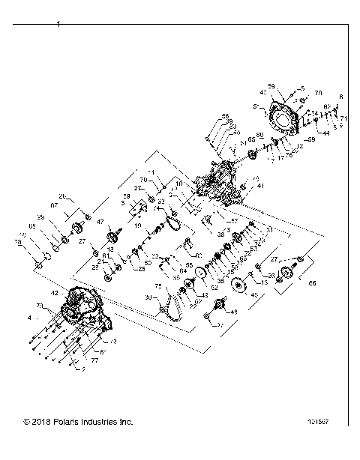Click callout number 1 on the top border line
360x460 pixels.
click(58, 25)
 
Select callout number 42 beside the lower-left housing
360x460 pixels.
click(54, 292)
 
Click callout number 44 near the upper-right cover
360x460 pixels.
click(326, 133)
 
